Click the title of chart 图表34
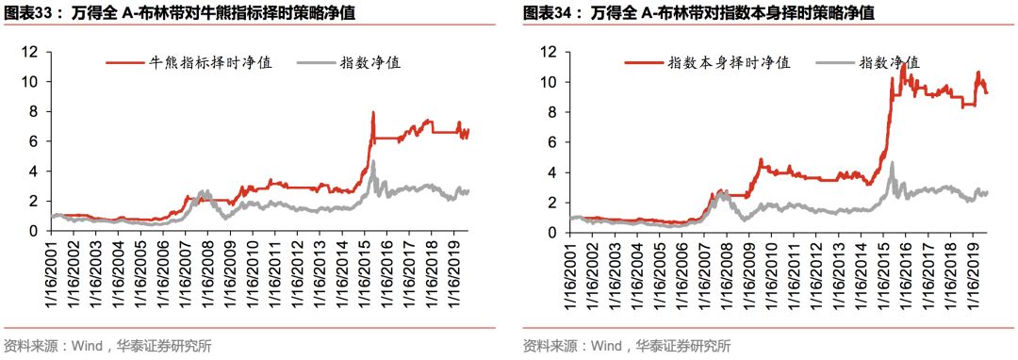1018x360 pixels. [698, 14]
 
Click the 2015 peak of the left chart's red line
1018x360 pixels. [373, 112]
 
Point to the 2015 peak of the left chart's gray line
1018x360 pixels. [373, 161]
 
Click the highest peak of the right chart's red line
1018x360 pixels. [904, 63]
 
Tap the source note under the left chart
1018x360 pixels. [107, 346]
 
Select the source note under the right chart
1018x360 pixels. [627, 346]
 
